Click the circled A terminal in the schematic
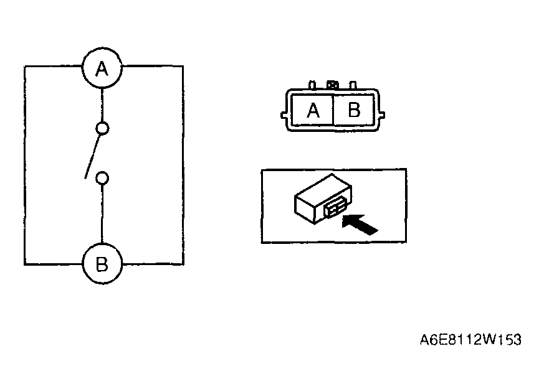point(102,68)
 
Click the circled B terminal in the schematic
point(102,264)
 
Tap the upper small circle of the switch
point(102,128)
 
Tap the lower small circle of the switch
point(102,179)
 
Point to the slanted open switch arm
point(93,157)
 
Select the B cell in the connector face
point(353,110)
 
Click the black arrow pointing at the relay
point(359,224)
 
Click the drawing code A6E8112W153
point(470,340)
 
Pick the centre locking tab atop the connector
point(333,85)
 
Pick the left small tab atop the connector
point(312,85)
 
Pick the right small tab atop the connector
point(353,85)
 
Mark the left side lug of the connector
point(284,116)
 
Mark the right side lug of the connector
point(381,115)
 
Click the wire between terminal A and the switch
point(102,105)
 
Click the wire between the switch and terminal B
point(102,214)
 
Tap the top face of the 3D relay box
point(323,189)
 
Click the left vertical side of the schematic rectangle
point(25,165)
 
